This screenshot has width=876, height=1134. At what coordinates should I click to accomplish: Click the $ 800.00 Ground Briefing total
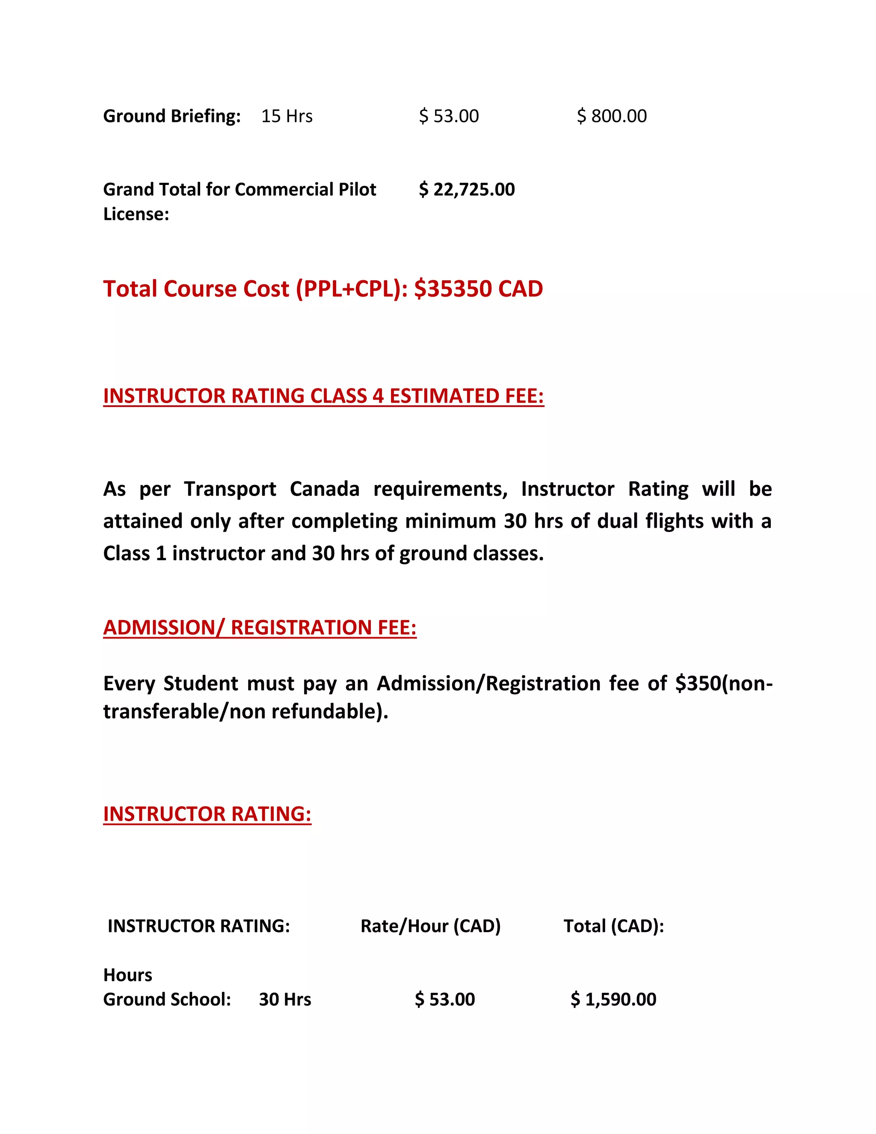tap(612, 116)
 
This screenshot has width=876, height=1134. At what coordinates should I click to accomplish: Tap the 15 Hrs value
tap(287, 116)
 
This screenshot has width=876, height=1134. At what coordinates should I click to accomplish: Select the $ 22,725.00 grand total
tap(467, 190)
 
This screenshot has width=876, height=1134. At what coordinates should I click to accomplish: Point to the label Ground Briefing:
tap(172, 116)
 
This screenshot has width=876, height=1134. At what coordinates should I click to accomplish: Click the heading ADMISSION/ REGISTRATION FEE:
tap(260, 627)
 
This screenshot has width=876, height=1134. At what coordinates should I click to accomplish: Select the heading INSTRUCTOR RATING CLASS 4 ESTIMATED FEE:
tap(323, 396)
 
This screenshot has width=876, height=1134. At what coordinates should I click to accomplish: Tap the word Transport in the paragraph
tap(230, 489)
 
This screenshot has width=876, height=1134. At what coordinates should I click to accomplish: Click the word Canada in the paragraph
tap(324, 489)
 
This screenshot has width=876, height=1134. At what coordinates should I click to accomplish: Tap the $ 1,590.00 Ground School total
tap(613, 999)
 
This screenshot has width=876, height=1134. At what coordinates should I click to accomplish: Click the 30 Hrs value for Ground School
tap(285, 999)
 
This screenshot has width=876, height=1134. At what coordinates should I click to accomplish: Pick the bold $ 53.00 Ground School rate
tap(445, 999)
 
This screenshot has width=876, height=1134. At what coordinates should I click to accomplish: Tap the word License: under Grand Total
tap(136, 214)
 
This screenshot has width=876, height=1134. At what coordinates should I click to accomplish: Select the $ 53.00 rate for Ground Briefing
tap(449, 116)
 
